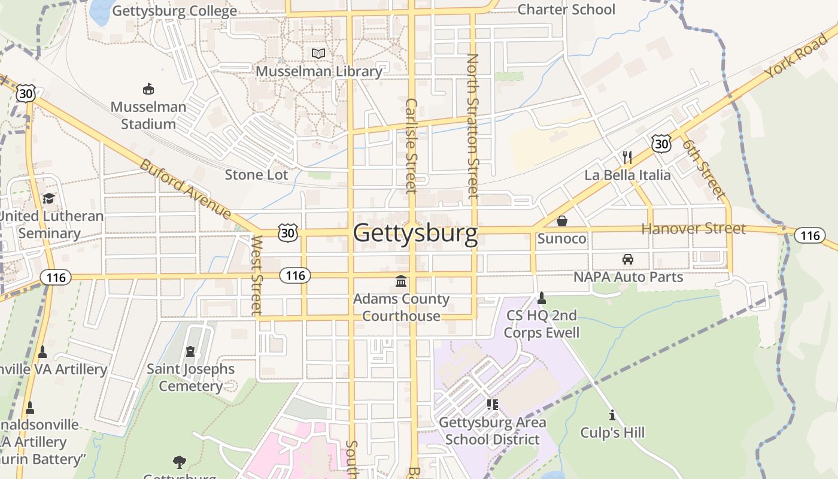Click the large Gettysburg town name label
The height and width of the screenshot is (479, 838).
(x=415, y=233)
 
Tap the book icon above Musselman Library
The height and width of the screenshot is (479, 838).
(x=318, y=53)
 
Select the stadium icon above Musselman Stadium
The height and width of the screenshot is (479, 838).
(x=148, y=89)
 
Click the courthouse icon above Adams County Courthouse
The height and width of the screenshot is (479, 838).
(x=401, y=281)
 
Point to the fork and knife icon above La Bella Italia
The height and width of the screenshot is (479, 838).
(x=627, y=157)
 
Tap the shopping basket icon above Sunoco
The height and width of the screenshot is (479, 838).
(x=561, y=221)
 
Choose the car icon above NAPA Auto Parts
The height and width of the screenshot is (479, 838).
(x=628, y=259)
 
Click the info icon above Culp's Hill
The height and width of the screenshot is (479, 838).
(x=612, y=414)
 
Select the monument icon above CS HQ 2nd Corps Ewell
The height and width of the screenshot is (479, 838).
(x=542, y=298)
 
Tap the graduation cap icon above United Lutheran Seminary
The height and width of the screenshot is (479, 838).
(x=48, y=198)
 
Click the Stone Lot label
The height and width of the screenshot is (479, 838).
(x=256, y=175)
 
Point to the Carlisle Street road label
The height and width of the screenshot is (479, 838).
(x=411, y=145)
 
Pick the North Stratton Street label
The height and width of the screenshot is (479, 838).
(x=473, y=126)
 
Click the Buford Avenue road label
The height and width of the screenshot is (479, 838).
(x=186, y=189)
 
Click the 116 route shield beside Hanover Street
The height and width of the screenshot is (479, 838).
(x=810, y=235)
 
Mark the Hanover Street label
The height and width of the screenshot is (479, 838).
(x=693, y=229)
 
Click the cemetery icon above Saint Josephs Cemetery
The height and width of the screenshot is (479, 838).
(x=190, y=351)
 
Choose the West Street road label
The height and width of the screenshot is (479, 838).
(x=257, y=275)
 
